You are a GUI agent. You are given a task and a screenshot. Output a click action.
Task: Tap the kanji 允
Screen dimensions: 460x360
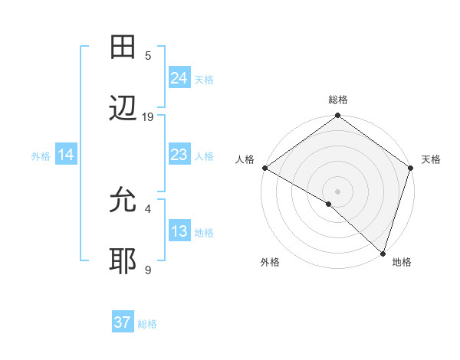tap(123, 201)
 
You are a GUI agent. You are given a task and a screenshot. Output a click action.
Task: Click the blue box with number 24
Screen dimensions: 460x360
tap(179, 78)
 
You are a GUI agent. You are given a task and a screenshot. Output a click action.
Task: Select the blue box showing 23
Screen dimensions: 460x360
tap(179, 155)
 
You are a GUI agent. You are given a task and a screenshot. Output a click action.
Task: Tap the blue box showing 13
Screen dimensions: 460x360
tap(179, 231)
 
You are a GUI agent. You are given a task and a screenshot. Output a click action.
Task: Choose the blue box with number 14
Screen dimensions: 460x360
tap(65, 155)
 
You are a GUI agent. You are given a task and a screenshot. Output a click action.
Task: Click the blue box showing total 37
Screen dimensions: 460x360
tap(122, 322)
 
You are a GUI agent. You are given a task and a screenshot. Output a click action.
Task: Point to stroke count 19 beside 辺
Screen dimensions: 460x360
tap(148, 117)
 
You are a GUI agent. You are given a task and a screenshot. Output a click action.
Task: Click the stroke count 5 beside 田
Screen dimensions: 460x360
tap(148, 55)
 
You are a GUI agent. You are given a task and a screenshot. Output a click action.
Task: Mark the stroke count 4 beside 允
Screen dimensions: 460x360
tap(148, 208)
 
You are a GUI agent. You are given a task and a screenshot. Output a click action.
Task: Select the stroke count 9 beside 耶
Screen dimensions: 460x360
tap(148, 270)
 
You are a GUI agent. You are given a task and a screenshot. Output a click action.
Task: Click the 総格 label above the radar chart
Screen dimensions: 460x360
tap(337, 100)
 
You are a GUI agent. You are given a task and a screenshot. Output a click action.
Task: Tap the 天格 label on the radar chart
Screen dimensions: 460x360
tap(431, 159)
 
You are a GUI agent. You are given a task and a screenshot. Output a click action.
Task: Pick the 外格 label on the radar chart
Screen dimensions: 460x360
tap(270, 263)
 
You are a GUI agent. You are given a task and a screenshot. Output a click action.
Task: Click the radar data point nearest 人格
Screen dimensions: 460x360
tap(264, 168)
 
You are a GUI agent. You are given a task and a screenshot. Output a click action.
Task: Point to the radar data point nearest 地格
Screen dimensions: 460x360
tap(383, 254)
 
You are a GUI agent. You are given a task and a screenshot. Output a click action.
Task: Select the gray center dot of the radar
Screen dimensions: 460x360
tap(337, 191)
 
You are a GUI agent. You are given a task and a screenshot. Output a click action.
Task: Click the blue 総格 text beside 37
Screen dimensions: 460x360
tap(147, 324)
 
